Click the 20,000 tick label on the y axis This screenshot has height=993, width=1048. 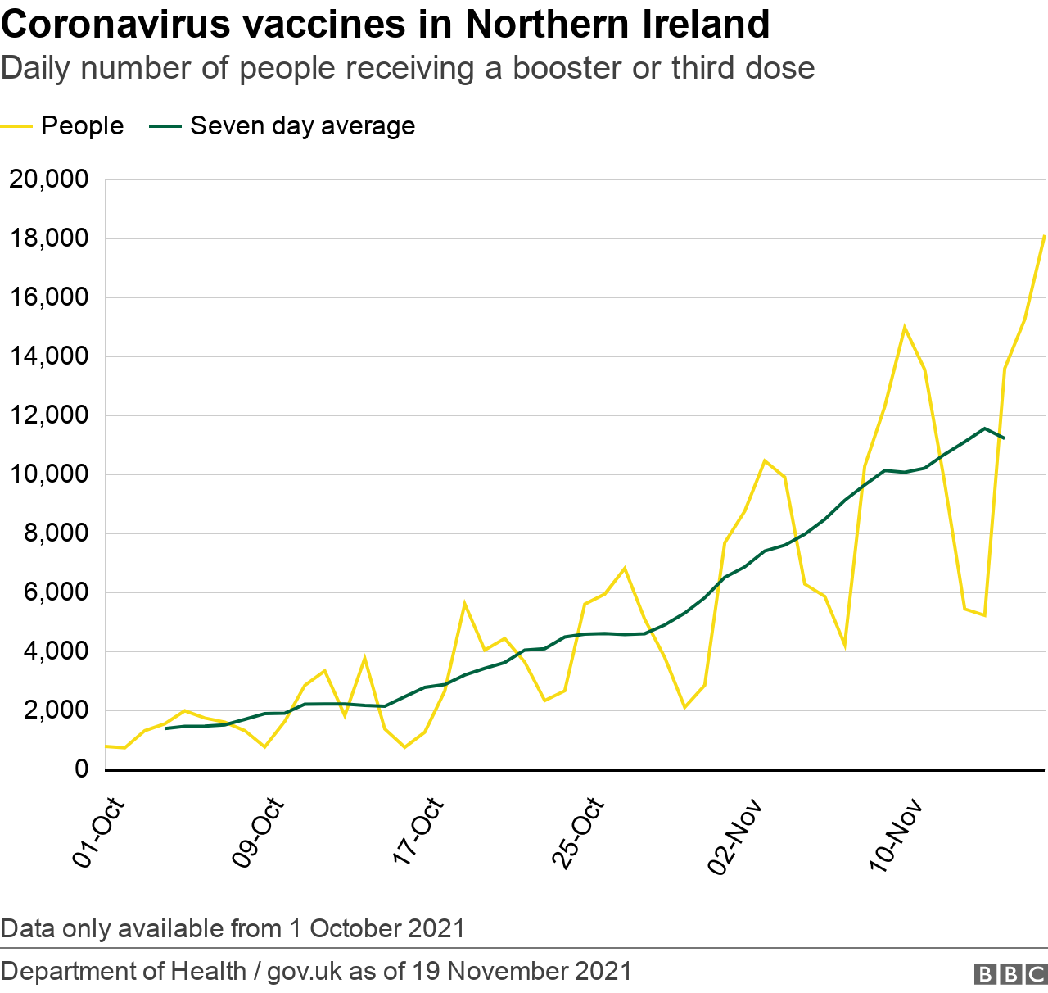pyautogui.click(x=48, y=179)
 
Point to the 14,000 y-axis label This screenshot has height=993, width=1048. pyautogui.click(x=48, y=356)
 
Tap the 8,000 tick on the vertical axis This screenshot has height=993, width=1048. pyautogui.click(x=55, y=533)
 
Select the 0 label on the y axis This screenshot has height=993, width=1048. pyautogui.click(x=81, y=769)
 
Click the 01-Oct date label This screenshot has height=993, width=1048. pyautogui.click(x=100, y=832)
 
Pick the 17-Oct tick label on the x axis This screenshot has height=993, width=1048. pyautogui.click(x=419, y=832)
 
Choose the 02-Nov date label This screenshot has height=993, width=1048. pyautogui.click(x=736, y=836)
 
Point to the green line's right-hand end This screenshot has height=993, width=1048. pyautogui.click(x=1004, y=438)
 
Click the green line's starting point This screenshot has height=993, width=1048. pyautogui.click(x=166, y=728)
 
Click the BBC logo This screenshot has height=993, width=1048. pyautogui.click(x=1010, y=973)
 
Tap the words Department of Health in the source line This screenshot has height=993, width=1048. pyautogui.click(x=124, y=971)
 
